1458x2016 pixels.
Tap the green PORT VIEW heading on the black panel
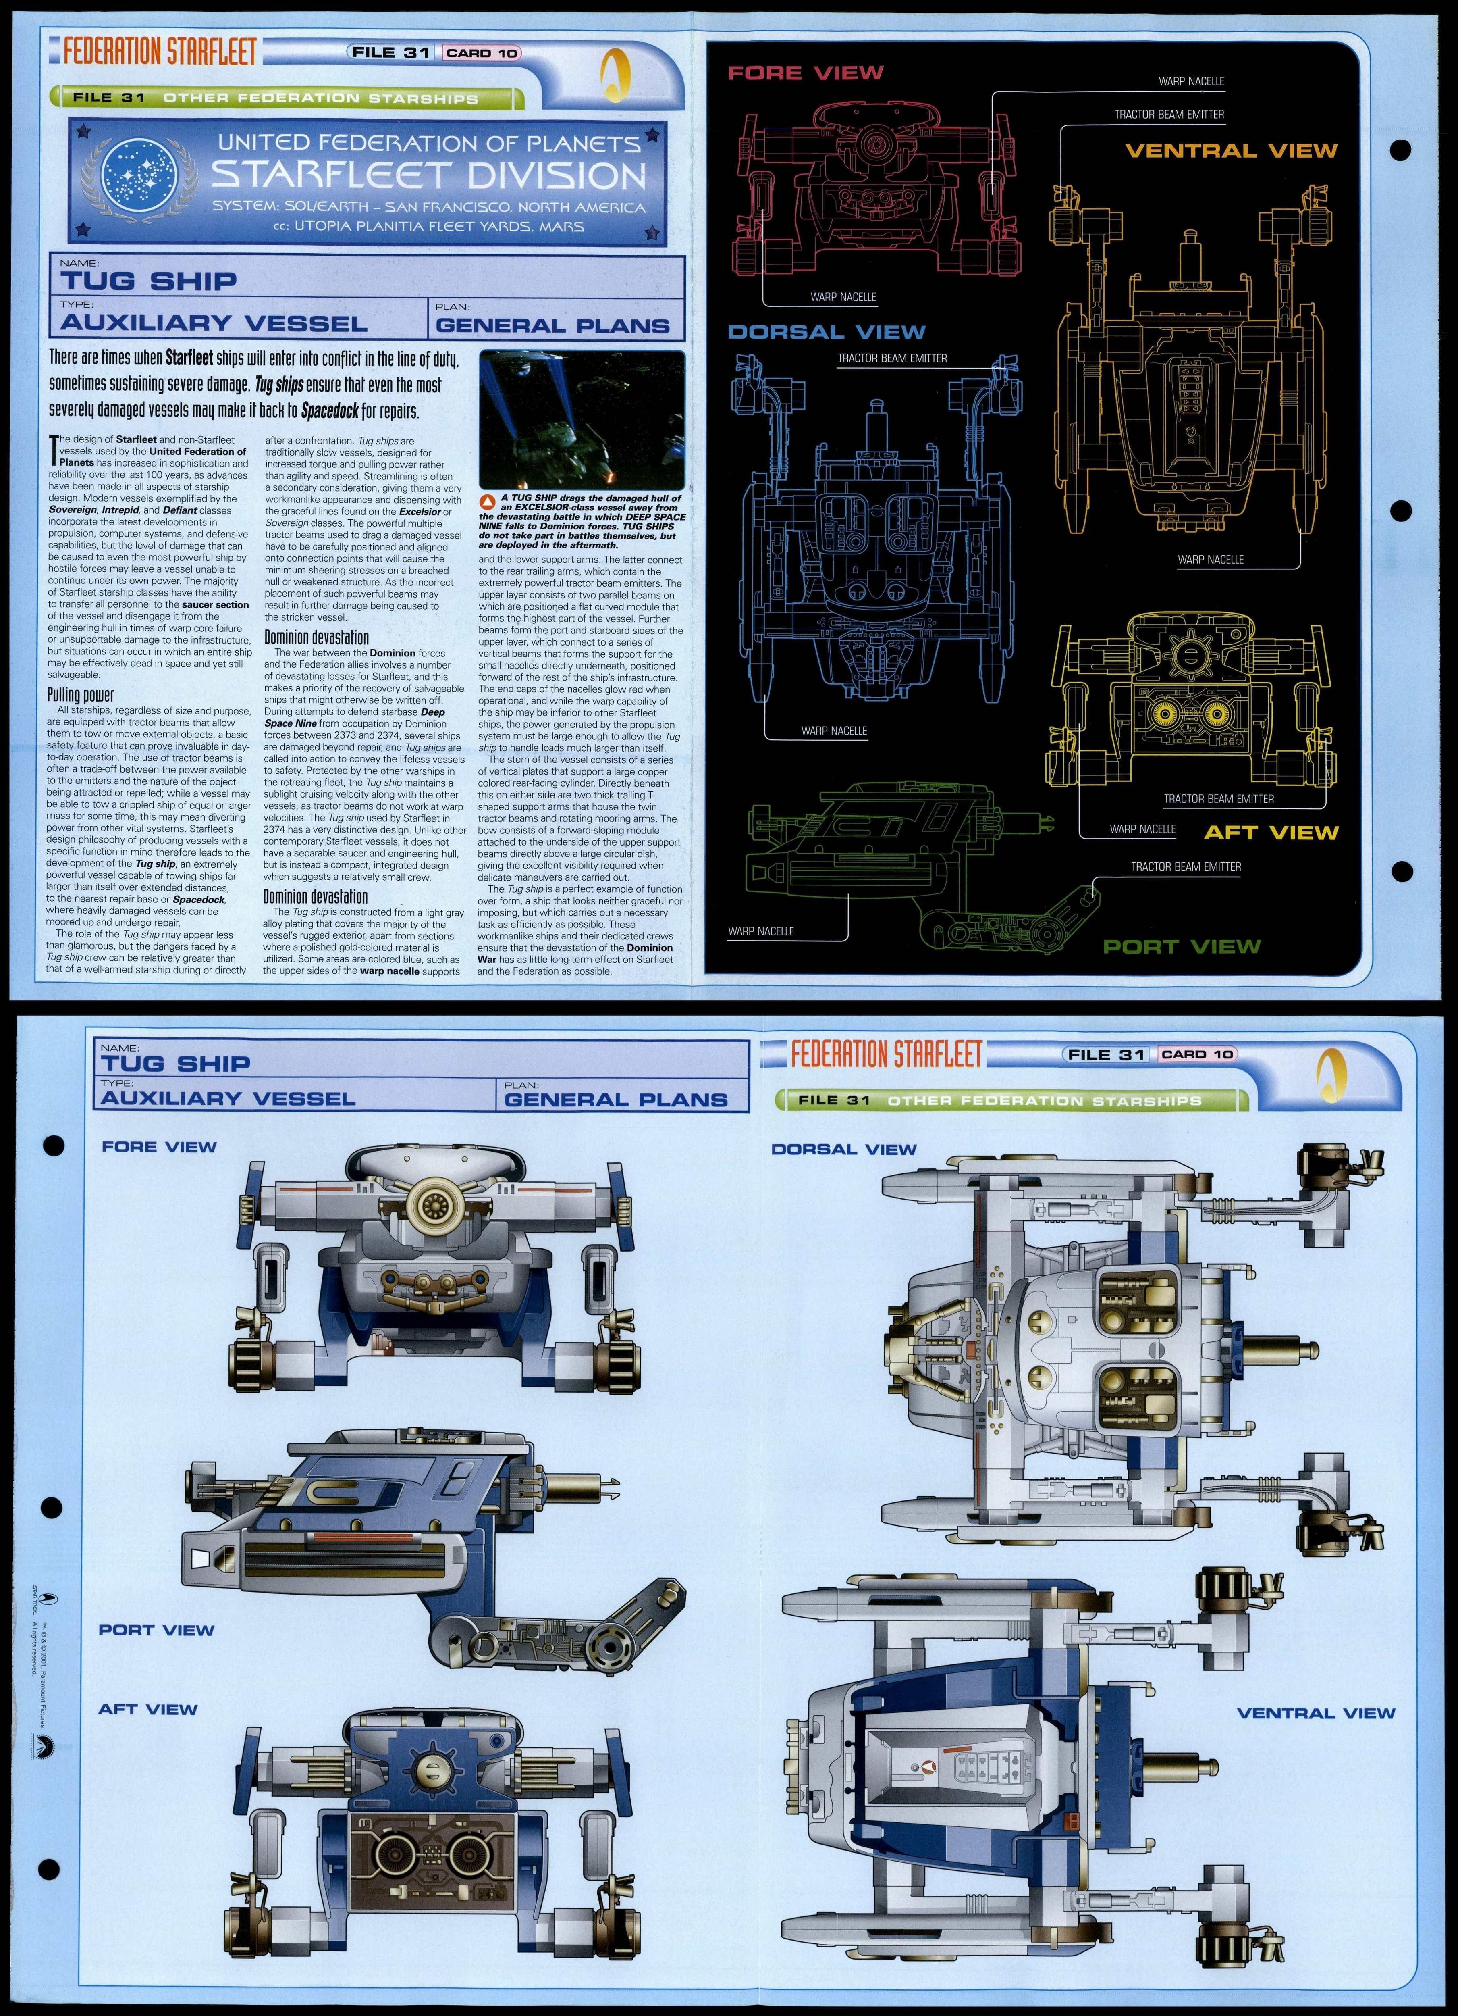click(1182, 947)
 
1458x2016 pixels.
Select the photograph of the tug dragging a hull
click(581, 418)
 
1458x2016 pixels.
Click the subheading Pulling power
click(81, 695)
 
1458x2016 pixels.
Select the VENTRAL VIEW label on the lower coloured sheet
click(1316, 1713)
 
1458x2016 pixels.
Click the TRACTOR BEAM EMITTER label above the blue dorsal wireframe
click(892, 358)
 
